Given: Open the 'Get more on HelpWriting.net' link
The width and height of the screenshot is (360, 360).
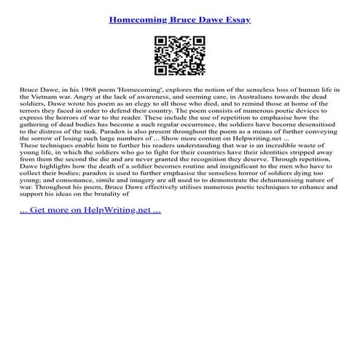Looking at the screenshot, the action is [90, 210].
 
